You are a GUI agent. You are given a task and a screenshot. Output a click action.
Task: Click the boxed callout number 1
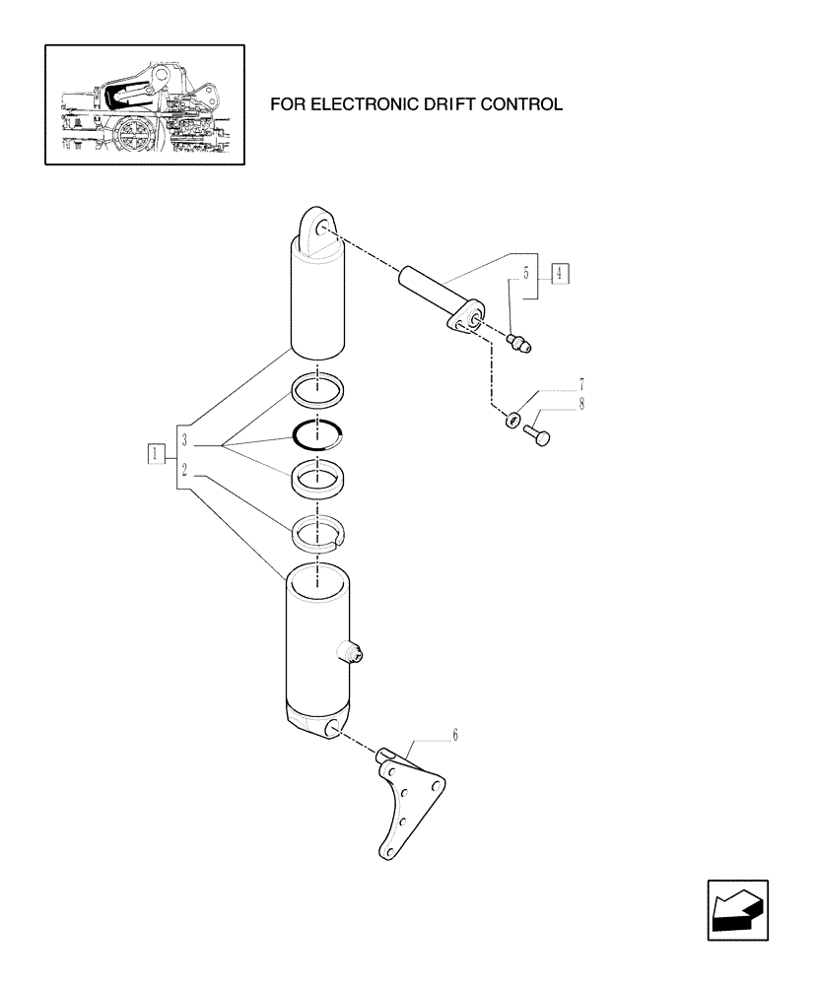click(155, 454)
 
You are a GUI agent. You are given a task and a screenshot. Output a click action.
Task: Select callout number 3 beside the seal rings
click(185, 439)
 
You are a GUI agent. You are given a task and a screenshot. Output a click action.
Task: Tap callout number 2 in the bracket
click(185, 472)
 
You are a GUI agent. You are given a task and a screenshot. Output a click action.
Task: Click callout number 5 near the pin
click(526, 273)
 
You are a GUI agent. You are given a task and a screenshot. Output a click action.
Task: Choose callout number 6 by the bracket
click(455, 734)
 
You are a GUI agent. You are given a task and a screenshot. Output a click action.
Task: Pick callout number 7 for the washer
click(581, 383)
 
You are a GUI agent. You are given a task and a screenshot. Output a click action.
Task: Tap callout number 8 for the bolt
click(581, 402)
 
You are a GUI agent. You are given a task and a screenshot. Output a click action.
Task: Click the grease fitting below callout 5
click(518, 343)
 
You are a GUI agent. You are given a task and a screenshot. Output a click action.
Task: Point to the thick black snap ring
click(318, 434)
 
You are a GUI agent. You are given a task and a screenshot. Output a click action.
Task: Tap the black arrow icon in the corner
click(736, 911)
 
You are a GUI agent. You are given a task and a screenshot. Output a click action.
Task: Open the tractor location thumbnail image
click(144, 103)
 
